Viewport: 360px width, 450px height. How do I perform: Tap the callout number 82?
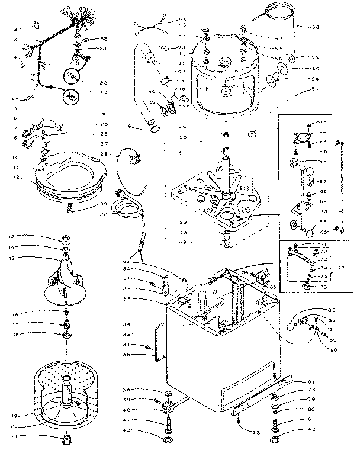pyautogui.click(x=104, y=38)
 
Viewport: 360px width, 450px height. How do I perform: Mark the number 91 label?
pyautogui.click(x=311, y=381)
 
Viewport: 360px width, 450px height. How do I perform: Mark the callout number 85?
pyautogui.click(x=273, y=288)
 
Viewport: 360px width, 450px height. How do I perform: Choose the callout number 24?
pyautogui.click(x=104, y=92)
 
